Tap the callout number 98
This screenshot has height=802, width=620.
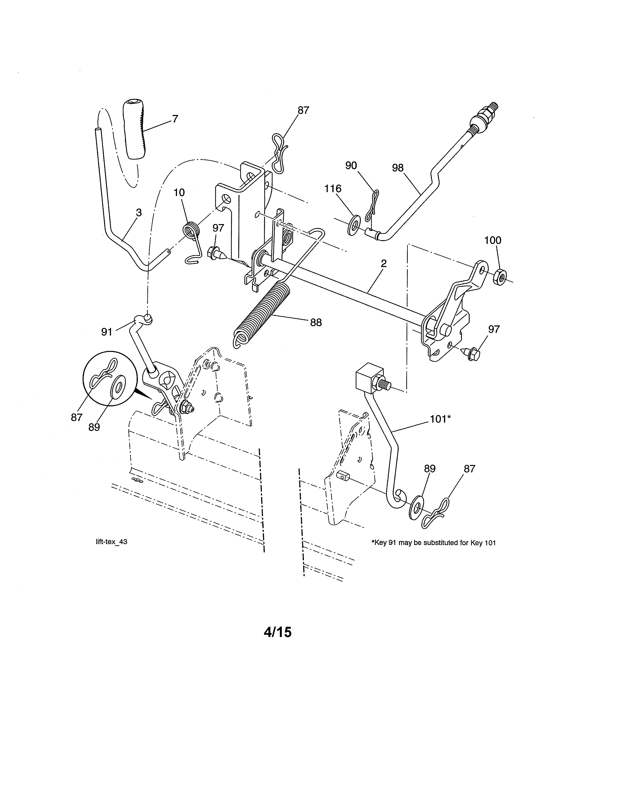tap(398, 168)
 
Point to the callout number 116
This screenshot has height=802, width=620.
tap(333, 189)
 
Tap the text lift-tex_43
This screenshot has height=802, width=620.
tap(111, 542)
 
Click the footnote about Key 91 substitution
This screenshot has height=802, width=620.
tap(434, 542)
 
